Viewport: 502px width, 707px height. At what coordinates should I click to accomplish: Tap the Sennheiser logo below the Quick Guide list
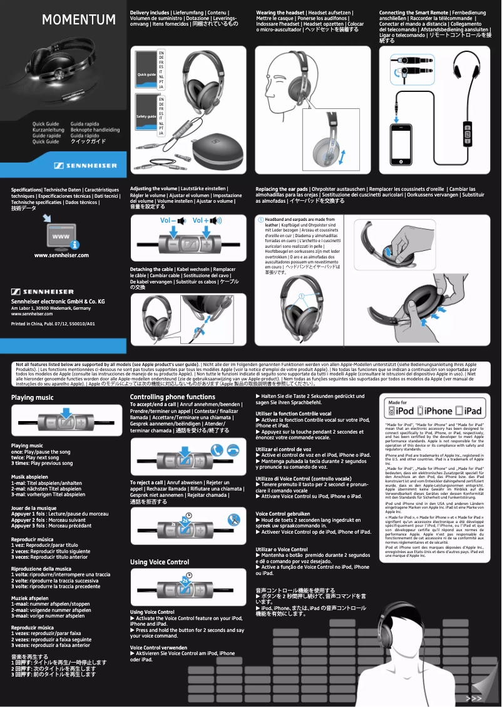(85, 166)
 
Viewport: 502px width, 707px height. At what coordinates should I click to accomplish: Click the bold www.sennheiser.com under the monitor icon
(61, 255)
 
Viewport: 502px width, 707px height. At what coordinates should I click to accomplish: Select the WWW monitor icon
(61, 237)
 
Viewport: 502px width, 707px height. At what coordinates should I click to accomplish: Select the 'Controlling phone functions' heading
(172, 397)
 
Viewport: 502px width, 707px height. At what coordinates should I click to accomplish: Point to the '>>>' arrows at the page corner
(474, 698)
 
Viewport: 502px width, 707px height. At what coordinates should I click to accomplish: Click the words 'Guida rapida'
(85, 124)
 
